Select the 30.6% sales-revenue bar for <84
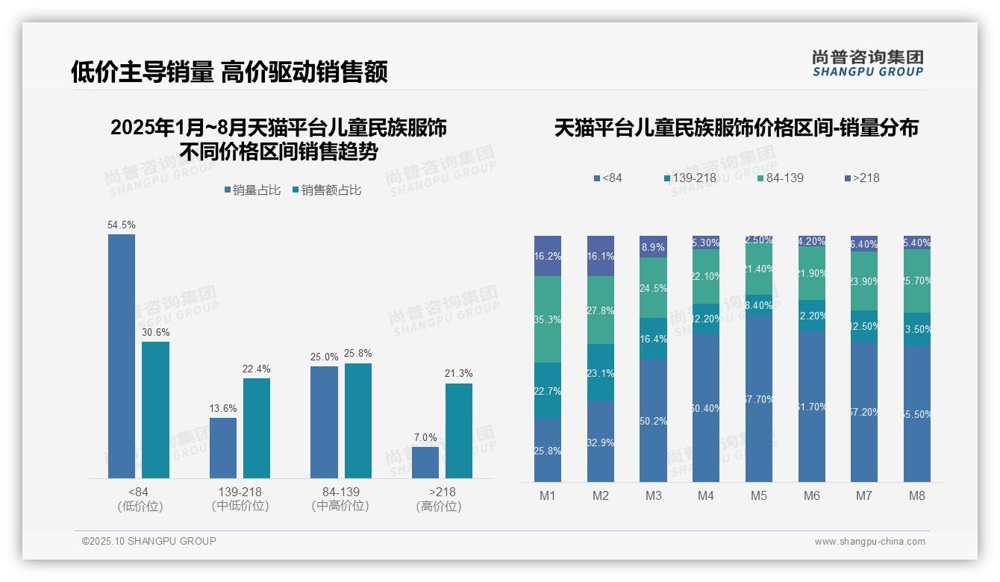(155, 410)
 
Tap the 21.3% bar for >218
(458, 431)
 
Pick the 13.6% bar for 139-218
(222, 448)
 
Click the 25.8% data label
(358, 354)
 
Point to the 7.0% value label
(425, 437)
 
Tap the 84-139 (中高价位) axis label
(340, 498)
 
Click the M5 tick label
(758, 495)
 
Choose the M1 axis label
(547, 495)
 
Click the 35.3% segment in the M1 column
(547, 319)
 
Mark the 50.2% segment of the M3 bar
(653, 420)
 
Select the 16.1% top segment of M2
(600, 256)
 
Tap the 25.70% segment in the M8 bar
(916, 281)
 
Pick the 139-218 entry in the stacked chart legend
(690, 178)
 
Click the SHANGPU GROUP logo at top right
(867, 63)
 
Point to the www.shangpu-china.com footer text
(869, 542)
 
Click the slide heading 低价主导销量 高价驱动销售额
(229, 72)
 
